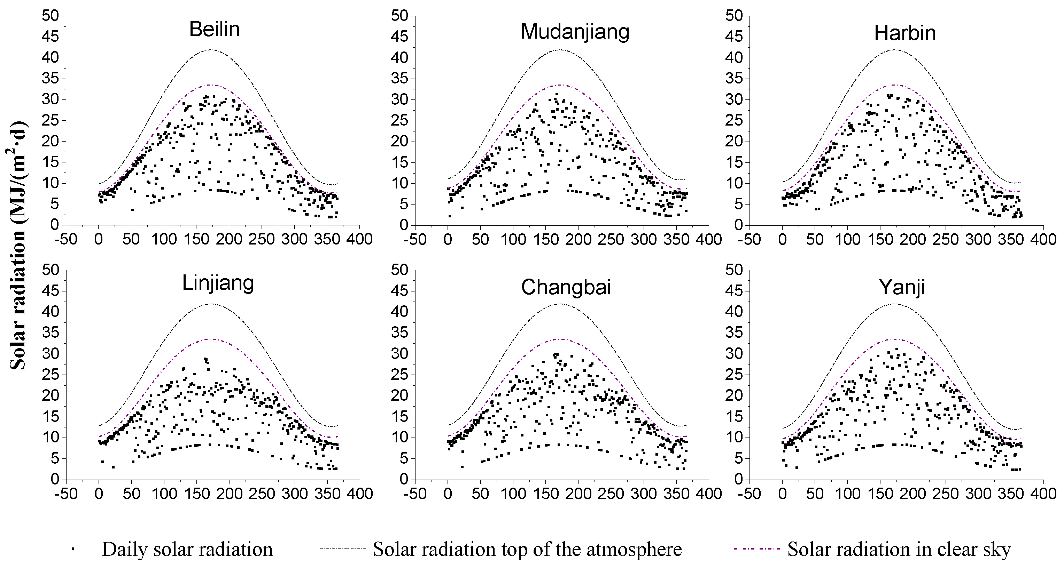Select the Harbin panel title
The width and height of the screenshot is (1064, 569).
coord(904,33)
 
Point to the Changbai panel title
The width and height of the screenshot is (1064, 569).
coord(566,287)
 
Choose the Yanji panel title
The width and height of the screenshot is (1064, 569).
coord(901,288)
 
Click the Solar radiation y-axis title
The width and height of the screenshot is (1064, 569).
coord(18,246)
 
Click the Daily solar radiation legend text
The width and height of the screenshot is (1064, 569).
coord(187,550)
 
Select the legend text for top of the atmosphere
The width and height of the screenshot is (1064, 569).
coord(527,549)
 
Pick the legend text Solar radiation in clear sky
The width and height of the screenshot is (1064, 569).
coord(899,549)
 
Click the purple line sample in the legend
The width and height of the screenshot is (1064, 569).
coord(757,549)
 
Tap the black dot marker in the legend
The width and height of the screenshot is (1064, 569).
coord(73,549)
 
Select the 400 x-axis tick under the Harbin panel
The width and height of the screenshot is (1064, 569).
coord(1043,239)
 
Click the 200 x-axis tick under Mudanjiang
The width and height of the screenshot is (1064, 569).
coord(578,239)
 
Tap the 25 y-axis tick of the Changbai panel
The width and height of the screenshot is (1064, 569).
coord(399,375)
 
